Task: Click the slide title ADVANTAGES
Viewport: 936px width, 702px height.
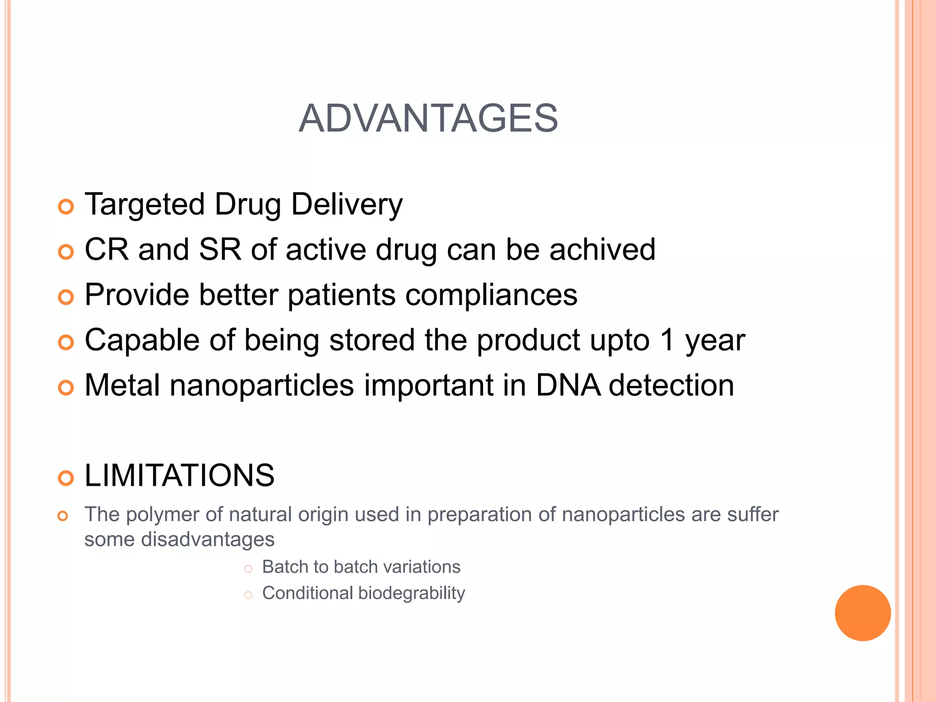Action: pyautogui.click(x=428, y=118)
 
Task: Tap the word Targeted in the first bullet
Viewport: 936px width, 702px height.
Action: pyautogui.click(x=144, y=204)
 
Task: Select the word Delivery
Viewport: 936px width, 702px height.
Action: pyautogui.click(x=347, y=204)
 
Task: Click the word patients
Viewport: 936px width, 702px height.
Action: pyautogui.click(x=341, y=295)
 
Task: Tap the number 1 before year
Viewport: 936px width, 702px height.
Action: pyautogui.click(x=667, y=340)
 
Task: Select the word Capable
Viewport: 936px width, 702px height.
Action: pyautogui.click(x=142, y=340)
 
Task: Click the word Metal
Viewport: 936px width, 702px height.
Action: pyautogui.click(x=122, y=385)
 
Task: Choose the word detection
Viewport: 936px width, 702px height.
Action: pyautogui.click(x=671, y=385)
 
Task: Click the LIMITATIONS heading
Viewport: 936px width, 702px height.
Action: pyautogui.click(x=180, y=475)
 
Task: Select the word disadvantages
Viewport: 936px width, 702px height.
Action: pyautogui.click(x=207, y=540)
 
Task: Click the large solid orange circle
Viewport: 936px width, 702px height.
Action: pyautogui.click(x=862, y=613)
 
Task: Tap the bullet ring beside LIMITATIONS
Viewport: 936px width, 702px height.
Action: pyautogui.click(x=66, y=478)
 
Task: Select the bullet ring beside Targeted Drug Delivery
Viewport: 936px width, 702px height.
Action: pyautogui.click(x=66, y=207)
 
